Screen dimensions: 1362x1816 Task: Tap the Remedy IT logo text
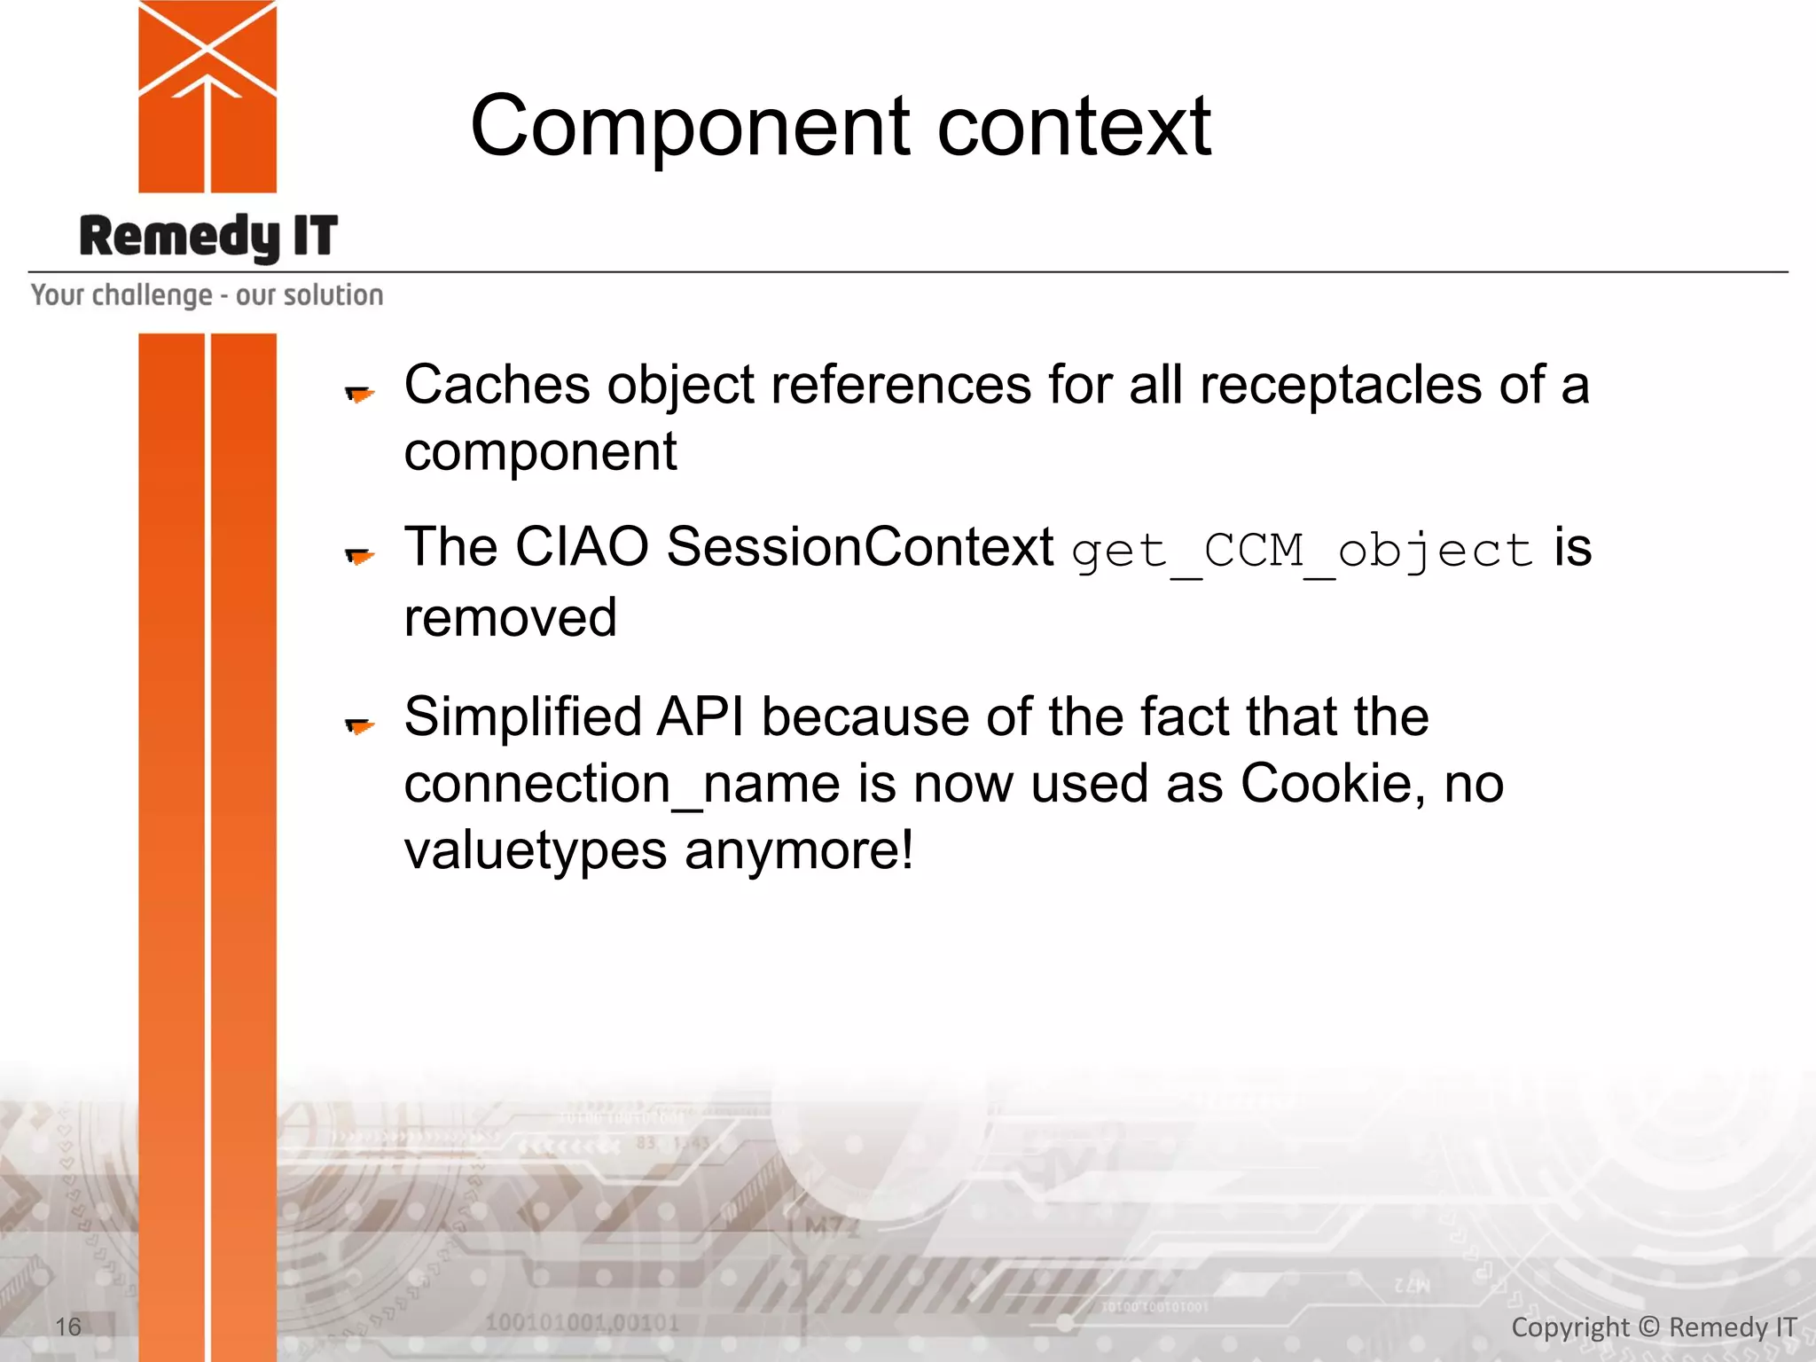208,237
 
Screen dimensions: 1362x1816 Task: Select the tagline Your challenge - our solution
207,295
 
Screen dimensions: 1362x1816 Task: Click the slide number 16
68,1327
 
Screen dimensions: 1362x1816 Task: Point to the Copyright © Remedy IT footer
1653,1327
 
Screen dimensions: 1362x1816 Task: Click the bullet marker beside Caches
359,393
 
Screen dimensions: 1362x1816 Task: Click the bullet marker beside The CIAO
359,556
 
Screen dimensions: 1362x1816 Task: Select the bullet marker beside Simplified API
359,726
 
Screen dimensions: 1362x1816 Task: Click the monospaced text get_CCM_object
1302,552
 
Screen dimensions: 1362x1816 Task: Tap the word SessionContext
859,547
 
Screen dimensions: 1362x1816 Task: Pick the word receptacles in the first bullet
1340,386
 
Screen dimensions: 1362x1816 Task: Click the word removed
510,618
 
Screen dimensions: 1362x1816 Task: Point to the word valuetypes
535,851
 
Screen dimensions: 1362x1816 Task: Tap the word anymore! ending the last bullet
798,851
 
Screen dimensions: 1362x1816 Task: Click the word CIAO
582,547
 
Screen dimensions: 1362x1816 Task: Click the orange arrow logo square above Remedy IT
207,97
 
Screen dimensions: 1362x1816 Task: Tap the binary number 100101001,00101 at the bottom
582,1323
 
